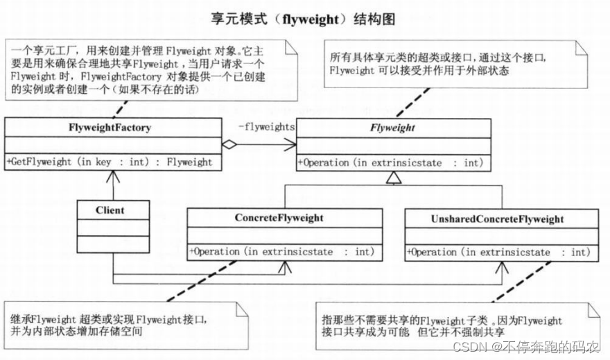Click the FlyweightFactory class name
[x=110, y=128]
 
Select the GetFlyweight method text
[x=110, y=162]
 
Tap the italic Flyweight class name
[x=392, y=128]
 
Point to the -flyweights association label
[x=266, y=127]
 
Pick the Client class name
[x=112, y=209]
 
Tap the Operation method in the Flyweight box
[x=390, y=162]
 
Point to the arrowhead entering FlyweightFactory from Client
[x=111, y=176]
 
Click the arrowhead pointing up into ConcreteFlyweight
[x=283, y=266]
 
